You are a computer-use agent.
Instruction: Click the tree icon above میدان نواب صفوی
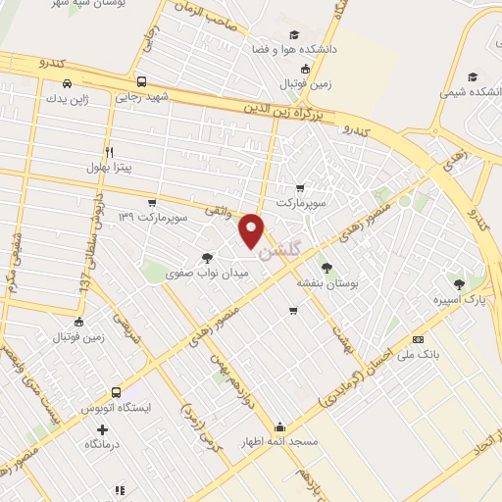pyautogui.click(x=206, y=258)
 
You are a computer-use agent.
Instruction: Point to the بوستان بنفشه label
pyautogui.click(x=327, y=280)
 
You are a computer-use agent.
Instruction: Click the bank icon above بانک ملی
pyautogui.click(x=418, y=338)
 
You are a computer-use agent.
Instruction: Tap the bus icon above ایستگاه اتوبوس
pyautogui.click(x=117, y=392)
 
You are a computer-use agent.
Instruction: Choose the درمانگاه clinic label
pyautogui.click(x=102, y=444)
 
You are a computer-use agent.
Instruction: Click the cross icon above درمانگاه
pyautogui.click(x=102, y=428)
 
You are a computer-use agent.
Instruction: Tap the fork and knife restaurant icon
pyautogui.click(x=108, y=152)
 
